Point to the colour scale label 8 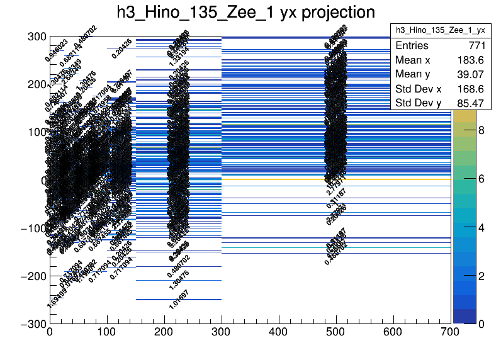[x=481, y=132]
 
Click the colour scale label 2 [x=481, y=276]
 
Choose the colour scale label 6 [x=481, y=179]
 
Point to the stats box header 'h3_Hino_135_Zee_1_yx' [x=439, y=30]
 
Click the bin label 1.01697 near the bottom [x=179, y=299]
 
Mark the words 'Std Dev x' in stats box [x=418, y=89]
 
